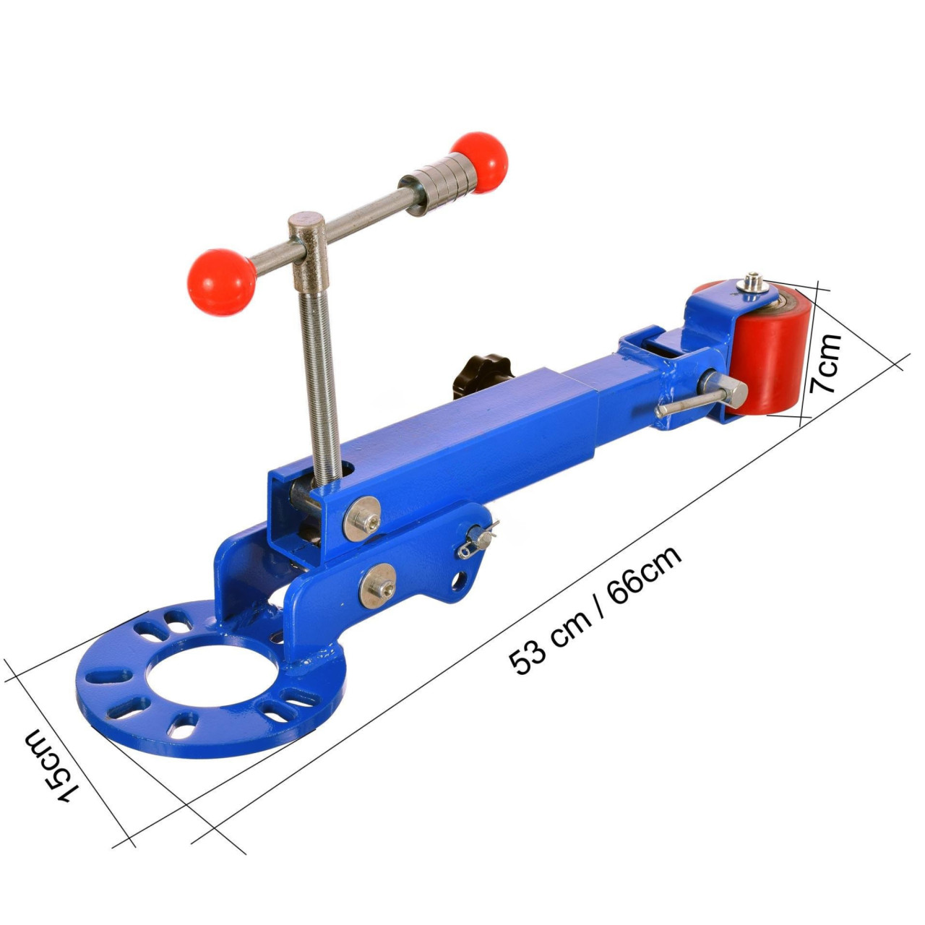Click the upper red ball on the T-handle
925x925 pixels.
[x=479, y=163]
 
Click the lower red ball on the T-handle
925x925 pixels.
[x=222, y=283]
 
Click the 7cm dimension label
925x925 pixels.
[x=825, y=363]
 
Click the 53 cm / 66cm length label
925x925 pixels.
[x=595, y=610]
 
